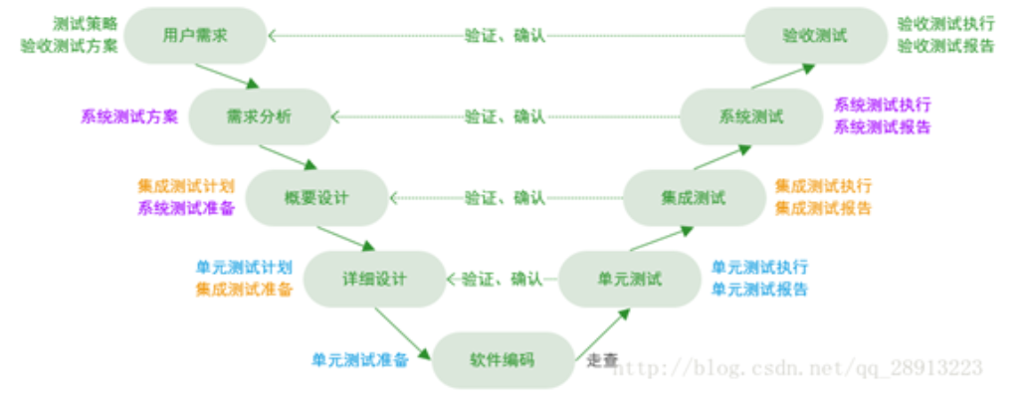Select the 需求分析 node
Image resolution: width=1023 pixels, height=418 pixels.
pos(260,116)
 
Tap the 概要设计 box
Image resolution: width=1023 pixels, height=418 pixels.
pos(316,197)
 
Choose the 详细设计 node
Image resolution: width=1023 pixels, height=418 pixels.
pos(374,278)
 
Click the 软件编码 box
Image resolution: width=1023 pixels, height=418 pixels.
pos(502,359)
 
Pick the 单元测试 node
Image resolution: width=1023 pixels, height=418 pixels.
pos(629,278)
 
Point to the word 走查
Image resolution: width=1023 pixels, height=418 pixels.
pos(602,359)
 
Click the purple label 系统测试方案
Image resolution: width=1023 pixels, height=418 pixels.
pos(129,116)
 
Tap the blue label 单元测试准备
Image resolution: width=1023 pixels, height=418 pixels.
pos(360,359)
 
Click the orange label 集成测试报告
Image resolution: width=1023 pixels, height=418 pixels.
pos(823,208)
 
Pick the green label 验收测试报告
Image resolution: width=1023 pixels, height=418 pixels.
pos(945,46)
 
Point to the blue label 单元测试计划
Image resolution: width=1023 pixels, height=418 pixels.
pos(245,268)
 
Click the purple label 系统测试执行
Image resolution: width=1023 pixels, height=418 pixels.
pos(882,105)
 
